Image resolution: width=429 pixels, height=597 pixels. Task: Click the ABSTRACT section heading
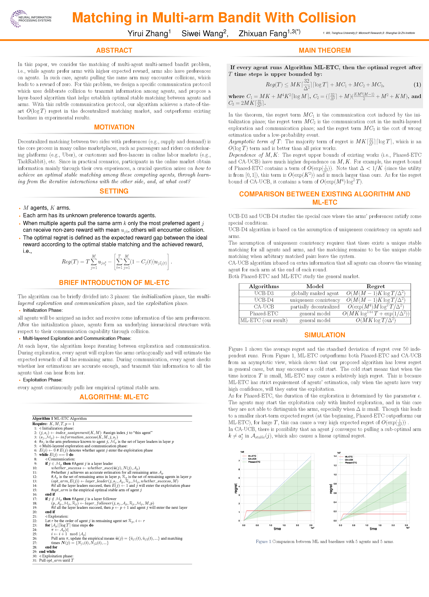114,50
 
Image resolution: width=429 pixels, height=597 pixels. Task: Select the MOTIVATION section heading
114,127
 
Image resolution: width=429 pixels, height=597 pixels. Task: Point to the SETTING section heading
114,191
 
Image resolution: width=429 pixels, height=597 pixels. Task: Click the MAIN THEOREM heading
325,50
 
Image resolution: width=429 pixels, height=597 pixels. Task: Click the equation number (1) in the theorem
417,85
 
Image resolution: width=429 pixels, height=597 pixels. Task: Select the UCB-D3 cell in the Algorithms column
264,293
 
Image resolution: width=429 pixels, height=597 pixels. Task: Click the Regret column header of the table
375,286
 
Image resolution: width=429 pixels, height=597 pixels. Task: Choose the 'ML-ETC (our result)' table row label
264,320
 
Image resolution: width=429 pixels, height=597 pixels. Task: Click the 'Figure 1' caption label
263,541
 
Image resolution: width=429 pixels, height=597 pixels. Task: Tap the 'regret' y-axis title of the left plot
236,488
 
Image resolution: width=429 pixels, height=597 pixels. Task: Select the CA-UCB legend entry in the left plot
252,459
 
